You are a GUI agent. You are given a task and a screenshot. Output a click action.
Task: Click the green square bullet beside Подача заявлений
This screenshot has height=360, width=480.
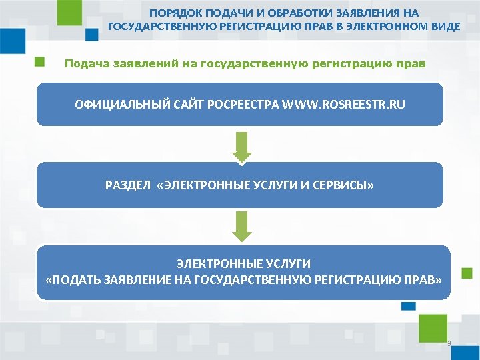pos(40,62)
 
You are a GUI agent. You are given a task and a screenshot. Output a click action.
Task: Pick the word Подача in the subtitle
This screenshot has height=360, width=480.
pos(85,64)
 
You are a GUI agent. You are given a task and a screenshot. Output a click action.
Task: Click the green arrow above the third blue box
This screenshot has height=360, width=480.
pos(243,226)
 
